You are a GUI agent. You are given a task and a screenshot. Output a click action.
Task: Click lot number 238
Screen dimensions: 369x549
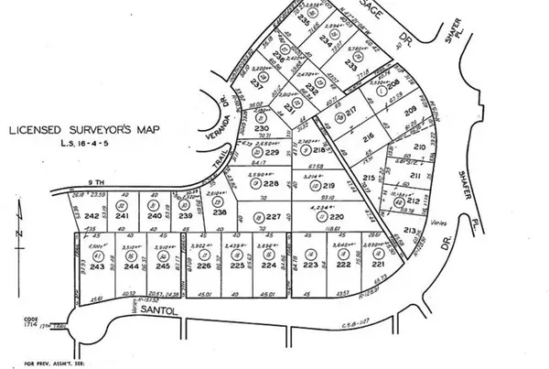[x=220, y=212]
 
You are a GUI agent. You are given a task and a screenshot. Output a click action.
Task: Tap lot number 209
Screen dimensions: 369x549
[x=410, y=112]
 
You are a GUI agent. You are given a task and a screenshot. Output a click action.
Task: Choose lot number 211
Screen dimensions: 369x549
[x=414, y=175]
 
